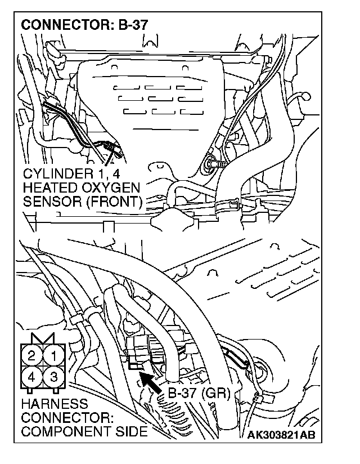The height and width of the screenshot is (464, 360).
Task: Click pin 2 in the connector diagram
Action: [x=32, y=355]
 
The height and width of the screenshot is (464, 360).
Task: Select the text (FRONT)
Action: [x=110, y=201]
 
